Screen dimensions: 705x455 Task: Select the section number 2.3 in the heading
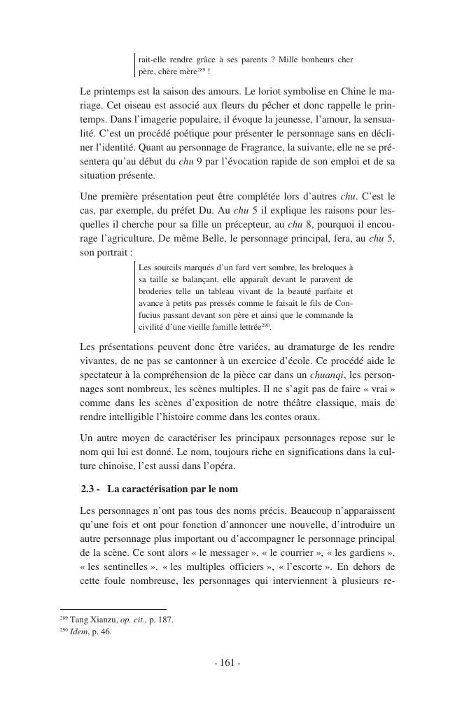coord(90,488)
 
